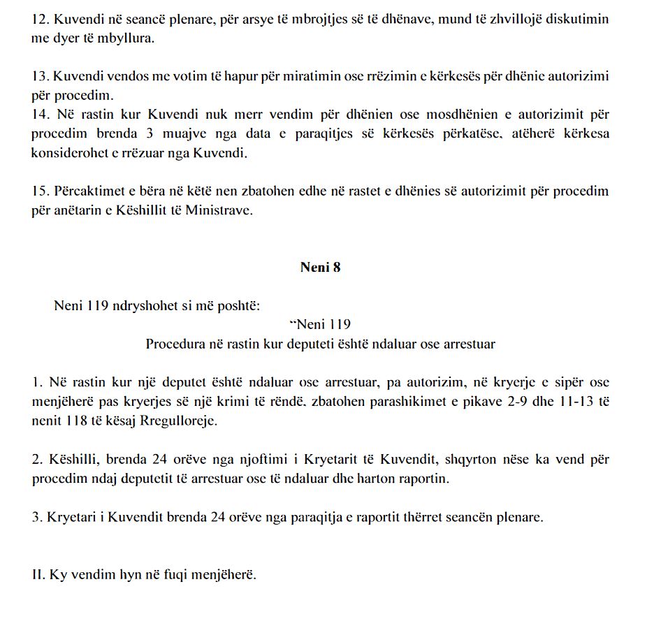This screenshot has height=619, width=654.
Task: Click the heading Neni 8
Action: pos(320,267)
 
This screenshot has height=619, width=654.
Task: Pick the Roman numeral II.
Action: pos(38,576)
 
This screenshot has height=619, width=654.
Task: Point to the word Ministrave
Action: pos(218,210)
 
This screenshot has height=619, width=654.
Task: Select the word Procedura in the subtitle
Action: pos(172,344)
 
